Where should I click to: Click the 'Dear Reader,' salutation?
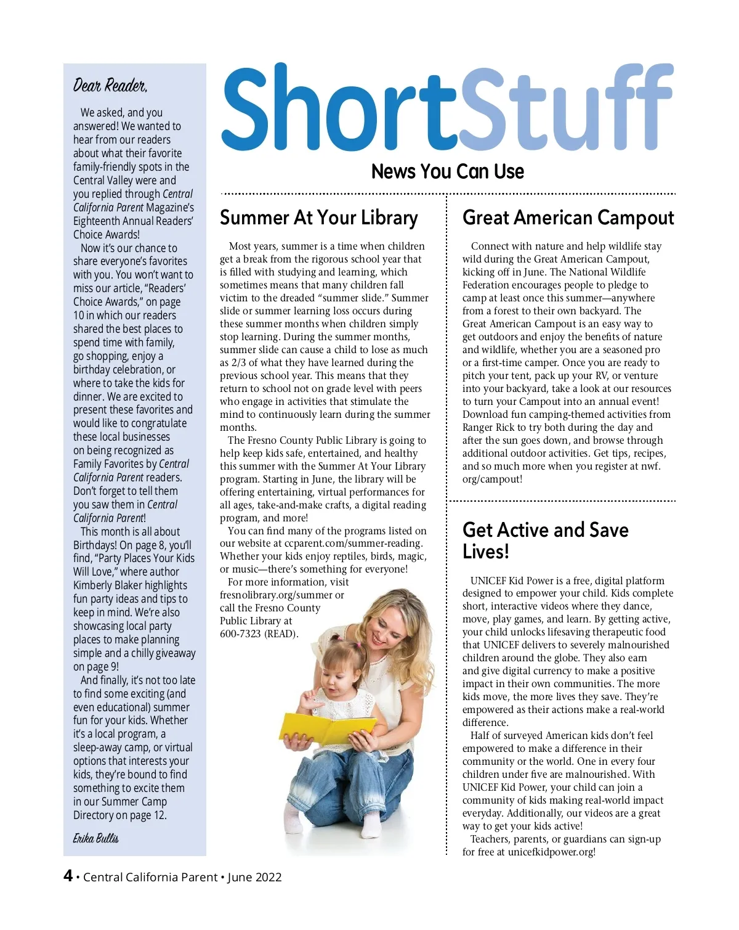coord(110,85)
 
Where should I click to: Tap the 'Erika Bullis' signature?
coord(96,838)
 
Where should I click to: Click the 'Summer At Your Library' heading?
coord(318,218)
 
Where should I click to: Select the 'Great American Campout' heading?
coord(568,218)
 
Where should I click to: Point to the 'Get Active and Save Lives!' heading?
coord(545,540)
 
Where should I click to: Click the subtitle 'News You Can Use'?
coord(448,171)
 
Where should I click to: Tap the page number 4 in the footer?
coord(68,876)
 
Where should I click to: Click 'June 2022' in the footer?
coord(254,877)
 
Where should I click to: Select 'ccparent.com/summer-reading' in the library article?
coord(353,544)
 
